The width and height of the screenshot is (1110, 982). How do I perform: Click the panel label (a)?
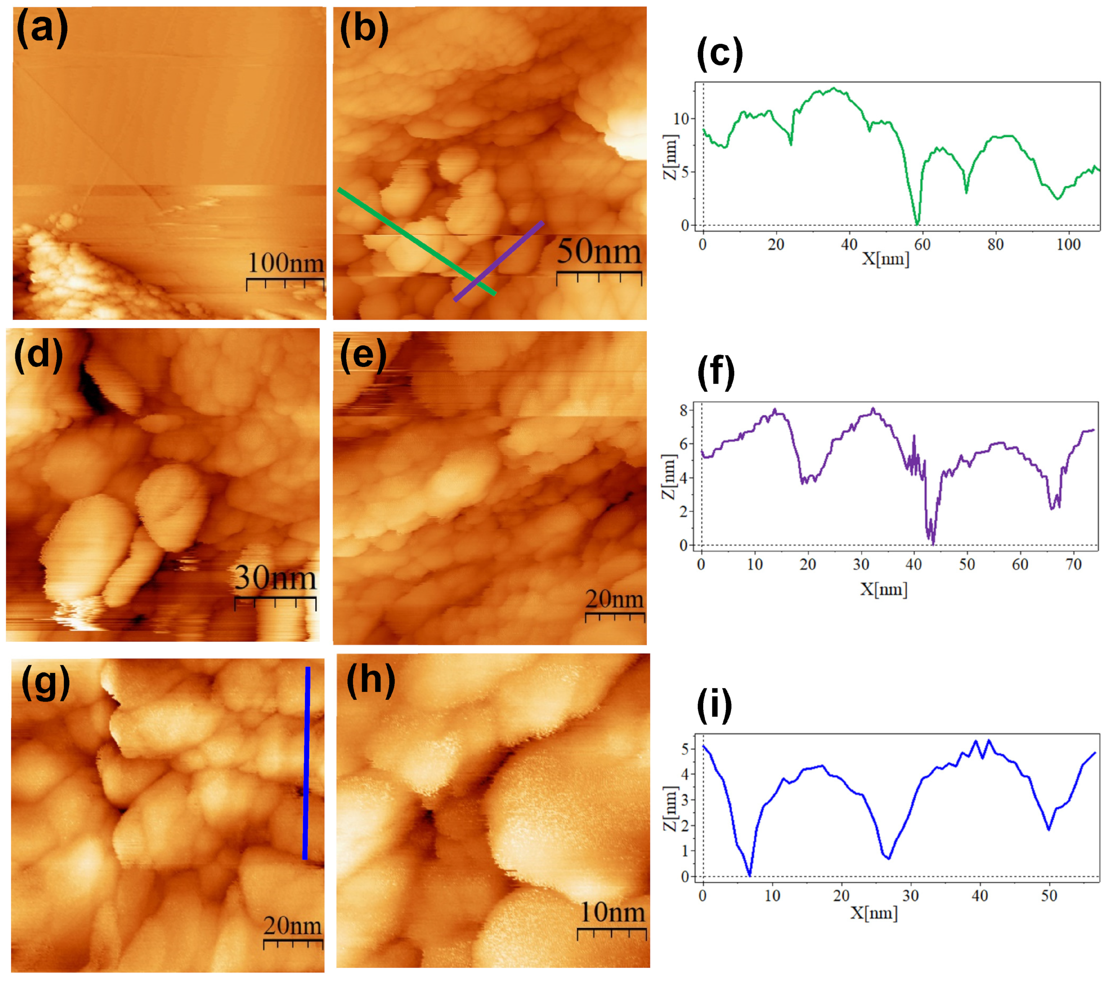pyautogui.click(x=42, y=28)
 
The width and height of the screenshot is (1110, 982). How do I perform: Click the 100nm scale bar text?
pyautogui.click(x=286, y=263)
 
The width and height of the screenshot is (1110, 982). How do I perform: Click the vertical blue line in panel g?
pyautogui.click(x=306, y=763)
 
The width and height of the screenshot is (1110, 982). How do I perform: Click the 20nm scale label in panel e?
pyautogui.click(x=614, y=599)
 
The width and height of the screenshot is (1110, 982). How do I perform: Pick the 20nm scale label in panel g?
pyautogui.click(x=293, y=925)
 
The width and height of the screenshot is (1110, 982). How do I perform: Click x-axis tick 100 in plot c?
pyautogui.click(x=1068, y=245)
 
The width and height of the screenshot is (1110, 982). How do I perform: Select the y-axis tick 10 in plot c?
pyautogui.click(x=681, y=119)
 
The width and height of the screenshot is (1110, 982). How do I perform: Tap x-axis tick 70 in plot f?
pyautogui.click(x=1074, y=565)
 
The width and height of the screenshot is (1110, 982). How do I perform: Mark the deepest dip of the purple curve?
pyautogui.click(x=933, y=543)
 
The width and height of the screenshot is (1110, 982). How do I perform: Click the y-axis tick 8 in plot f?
pyautogui.click(x=683, y=410)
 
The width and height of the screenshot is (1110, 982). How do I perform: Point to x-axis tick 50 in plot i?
pyautogui.click(x=1049, y=896)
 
